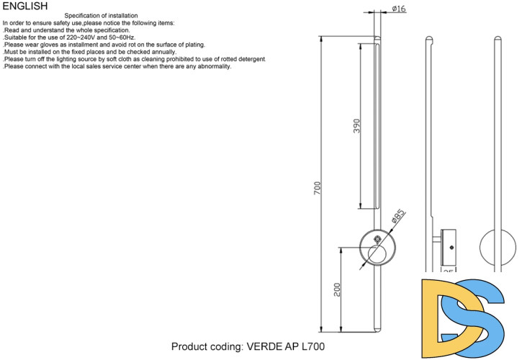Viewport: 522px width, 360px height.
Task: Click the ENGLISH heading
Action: pos(24,6)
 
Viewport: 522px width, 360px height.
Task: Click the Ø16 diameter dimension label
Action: pos(399,9)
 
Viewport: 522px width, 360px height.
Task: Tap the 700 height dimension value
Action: pos(318,188)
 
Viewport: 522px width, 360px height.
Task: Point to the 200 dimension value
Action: pos(337,289)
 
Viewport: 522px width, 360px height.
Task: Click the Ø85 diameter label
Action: pos(398,216)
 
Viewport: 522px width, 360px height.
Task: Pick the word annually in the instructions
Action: pos(163,52)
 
